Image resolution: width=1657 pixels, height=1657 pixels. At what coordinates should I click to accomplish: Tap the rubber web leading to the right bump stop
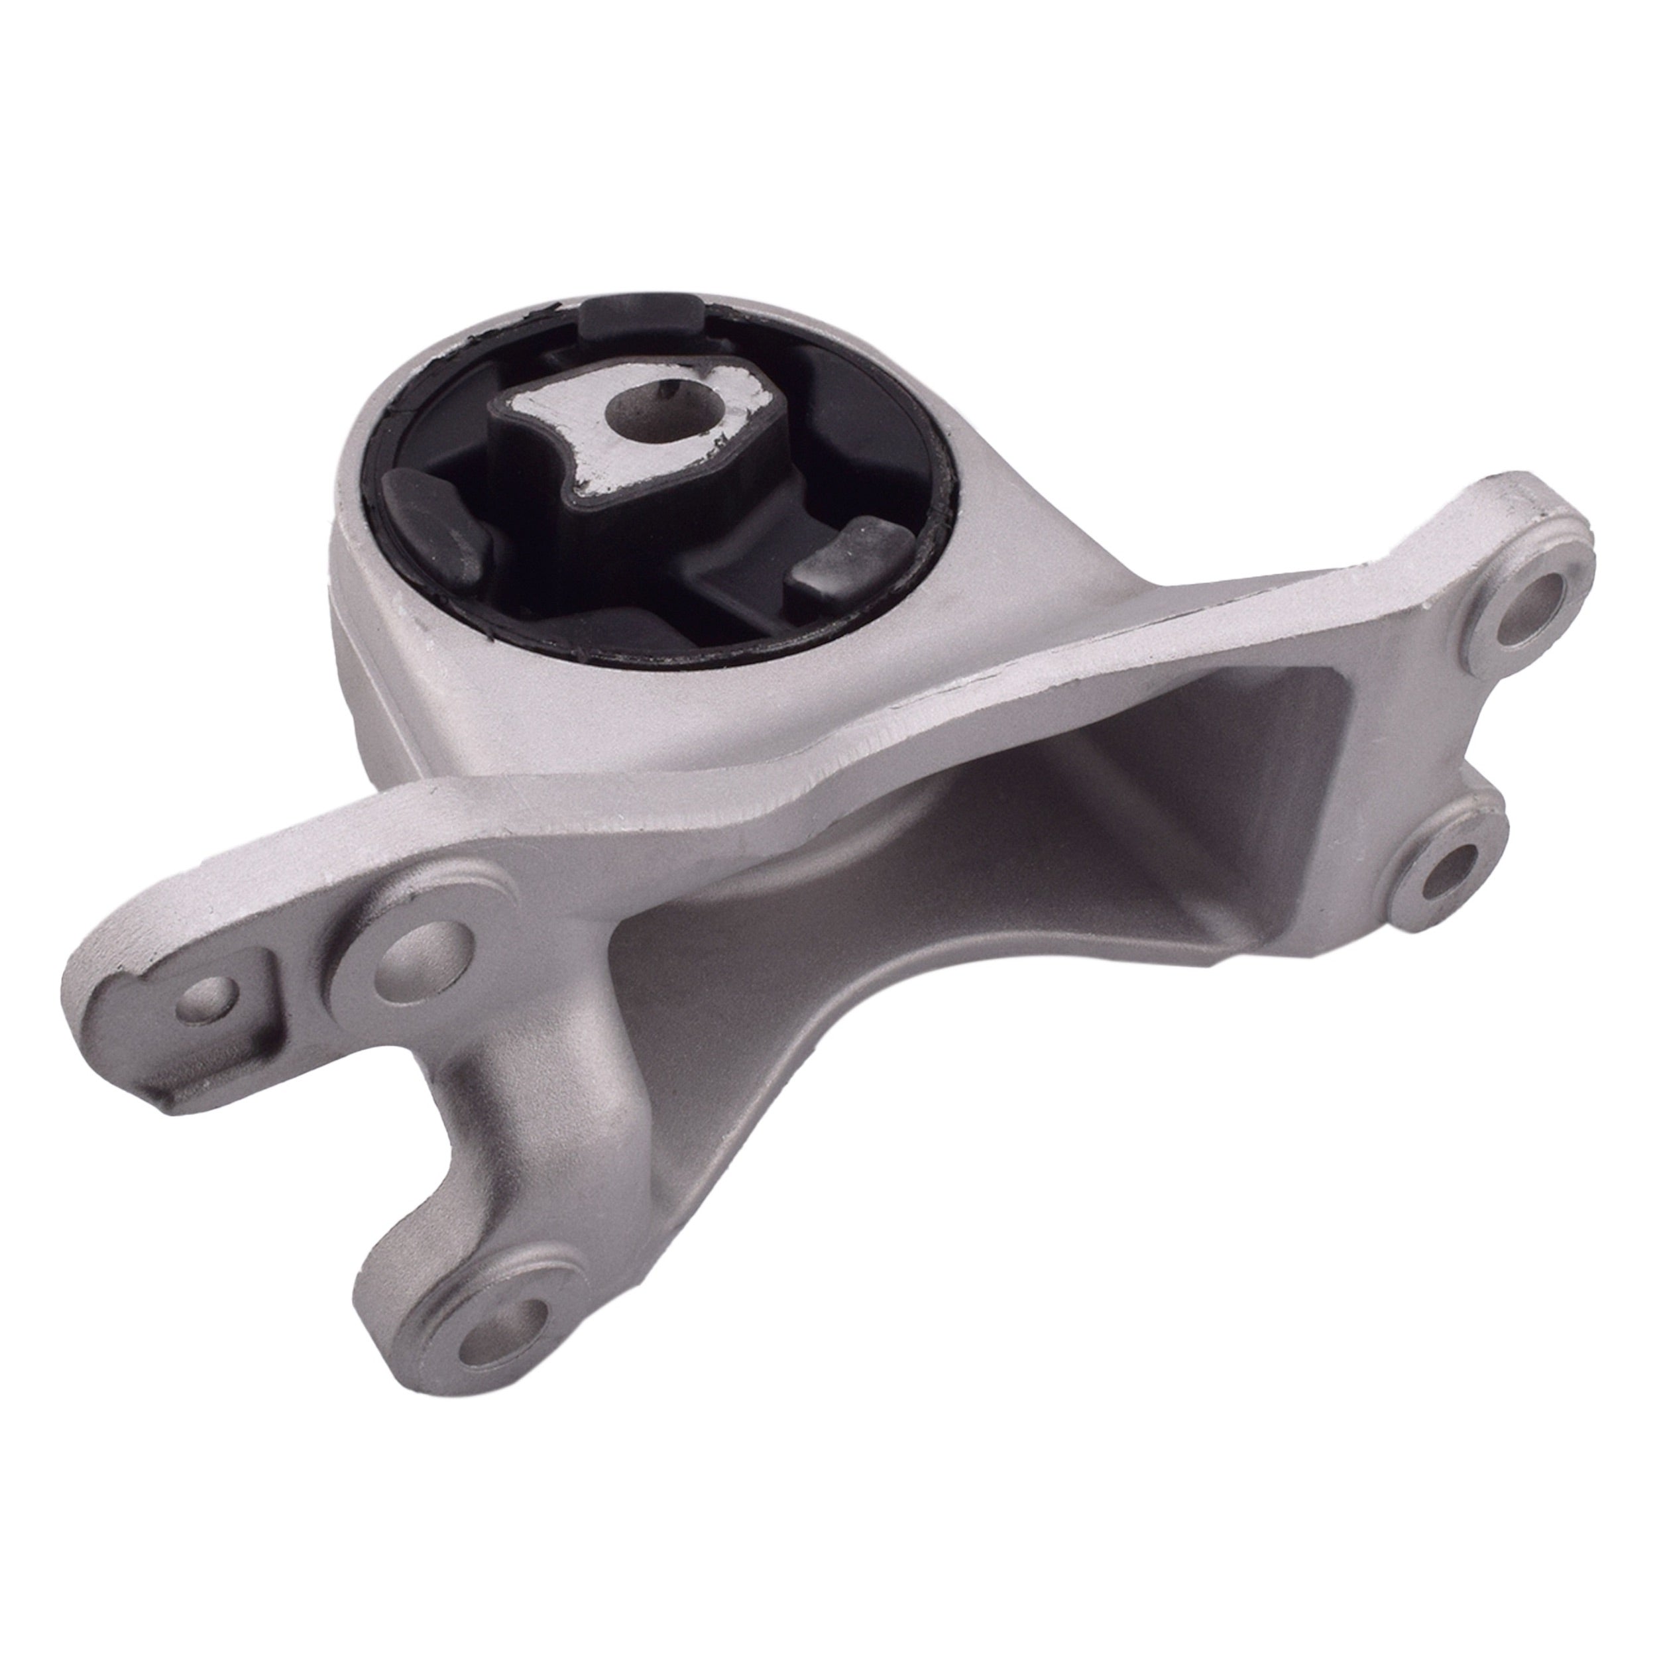click(738, 583)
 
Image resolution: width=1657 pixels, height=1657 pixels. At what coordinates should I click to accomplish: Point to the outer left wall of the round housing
click(360, 669)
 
